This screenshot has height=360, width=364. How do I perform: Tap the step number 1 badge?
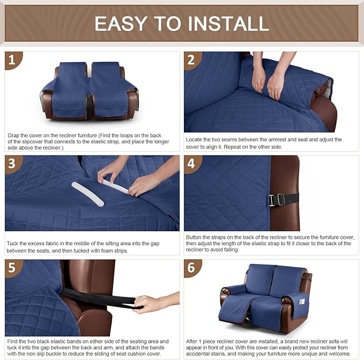pyautogui.click(x=13, y=60)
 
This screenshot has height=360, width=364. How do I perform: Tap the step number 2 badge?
pyautogui.click(x=192, y=60)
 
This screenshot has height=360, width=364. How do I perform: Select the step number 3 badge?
pyautogui.click(x=13, y=164)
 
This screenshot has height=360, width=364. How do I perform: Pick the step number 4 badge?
pyautogui.click(x=192, y=164)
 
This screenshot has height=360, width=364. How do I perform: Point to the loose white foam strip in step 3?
pyautogui.click(x=87, y=194)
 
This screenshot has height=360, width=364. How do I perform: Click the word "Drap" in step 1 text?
pyautogui.click(x=14, y=136)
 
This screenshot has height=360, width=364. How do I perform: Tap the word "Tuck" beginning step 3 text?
pyautogui.click(x=13, y=244)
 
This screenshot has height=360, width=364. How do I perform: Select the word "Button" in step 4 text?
pyautogui.click(x=195, y=237)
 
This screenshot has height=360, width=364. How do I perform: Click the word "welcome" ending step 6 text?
pyautogui.click(x=336, y=354)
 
